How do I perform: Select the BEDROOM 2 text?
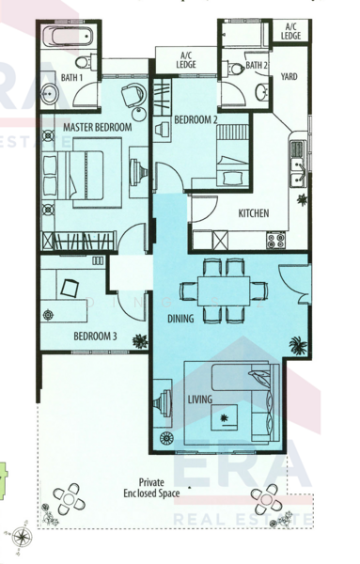(x=196, y=120)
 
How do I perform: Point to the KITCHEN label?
(x=254, y=213)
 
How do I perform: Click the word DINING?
(x=181, y=319)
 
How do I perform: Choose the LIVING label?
(x=199, y=400)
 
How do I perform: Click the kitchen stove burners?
(x=275, y=239)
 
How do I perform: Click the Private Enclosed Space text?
(x=150, y=486)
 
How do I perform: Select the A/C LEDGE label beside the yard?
(x=291, y=30)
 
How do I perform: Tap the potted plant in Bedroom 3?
(x=139, y=340)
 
